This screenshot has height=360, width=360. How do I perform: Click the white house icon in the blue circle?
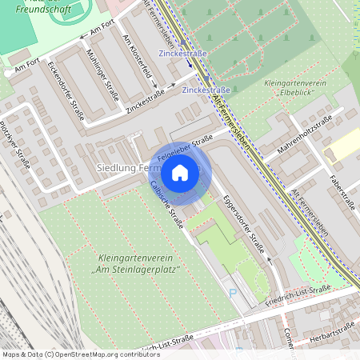tap(180, 172)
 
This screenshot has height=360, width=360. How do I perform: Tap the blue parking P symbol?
tap(233, 294)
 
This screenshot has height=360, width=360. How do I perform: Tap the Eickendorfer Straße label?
tap(66, 90)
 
